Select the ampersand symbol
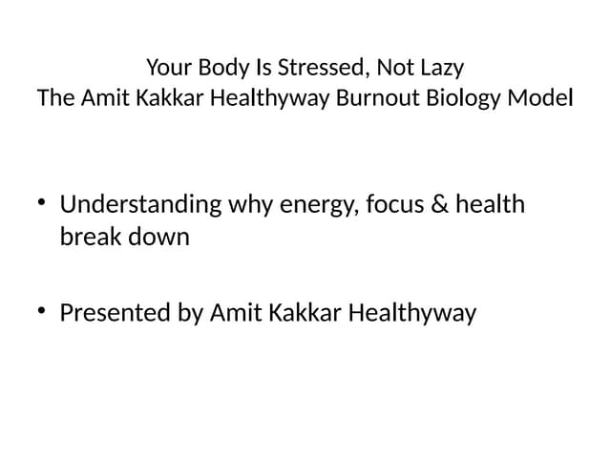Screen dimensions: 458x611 coord(437,204)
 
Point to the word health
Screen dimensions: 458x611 coord(490,204)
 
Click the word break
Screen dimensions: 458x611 coord(89,237)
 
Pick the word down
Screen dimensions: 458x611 coord(158,237)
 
